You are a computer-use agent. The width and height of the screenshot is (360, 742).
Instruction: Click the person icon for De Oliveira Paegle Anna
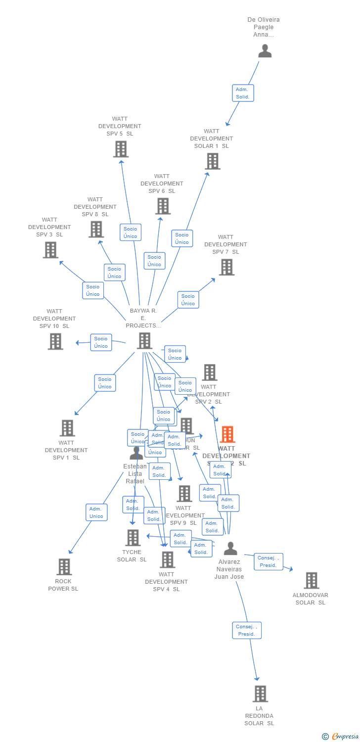(x=265, y=51)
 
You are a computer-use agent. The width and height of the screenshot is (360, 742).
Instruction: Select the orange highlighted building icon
(x=227, y=434)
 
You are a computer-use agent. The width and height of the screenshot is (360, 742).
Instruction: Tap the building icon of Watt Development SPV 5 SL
(x=121, y=149)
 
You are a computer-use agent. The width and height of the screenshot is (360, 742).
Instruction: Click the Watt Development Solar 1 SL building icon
(x=212, y=161)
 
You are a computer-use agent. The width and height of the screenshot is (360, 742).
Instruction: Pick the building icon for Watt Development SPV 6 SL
(x=163, y=206)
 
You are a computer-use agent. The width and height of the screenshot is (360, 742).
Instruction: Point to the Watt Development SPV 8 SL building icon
(x=96, y=229)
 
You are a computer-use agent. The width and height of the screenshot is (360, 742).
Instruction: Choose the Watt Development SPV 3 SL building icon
(x=50, y=250)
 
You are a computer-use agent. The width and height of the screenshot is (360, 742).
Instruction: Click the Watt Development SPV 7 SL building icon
(x=226, y=267)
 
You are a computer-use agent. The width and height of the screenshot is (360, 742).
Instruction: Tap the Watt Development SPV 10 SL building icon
(x=55, y=341)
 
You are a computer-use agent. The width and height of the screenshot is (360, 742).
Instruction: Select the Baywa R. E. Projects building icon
(x=144, y=341)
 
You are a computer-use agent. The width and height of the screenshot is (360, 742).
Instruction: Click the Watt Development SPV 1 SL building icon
(x=67, y=428)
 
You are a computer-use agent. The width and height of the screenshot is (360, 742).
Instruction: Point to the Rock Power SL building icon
(x=64, y=567)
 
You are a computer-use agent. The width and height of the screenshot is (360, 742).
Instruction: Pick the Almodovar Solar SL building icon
(x=311, y=580)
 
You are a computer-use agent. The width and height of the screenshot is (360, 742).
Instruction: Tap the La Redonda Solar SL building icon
(x=260, y=694)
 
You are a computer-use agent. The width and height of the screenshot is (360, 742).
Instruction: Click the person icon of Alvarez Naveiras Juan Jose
(x=230, y=549)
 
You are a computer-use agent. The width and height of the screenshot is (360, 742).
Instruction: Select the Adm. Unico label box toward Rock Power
(x=96, y=512)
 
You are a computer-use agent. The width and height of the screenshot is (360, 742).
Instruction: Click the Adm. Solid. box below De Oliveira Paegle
(x=243, y=93)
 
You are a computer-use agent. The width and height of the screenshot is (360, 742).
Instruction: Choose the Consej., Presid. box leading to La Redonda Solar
(x=246, y=630)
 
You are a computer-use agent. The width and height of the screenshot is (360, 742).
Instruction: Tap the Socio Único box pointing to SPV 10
(x=101, y=342)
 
